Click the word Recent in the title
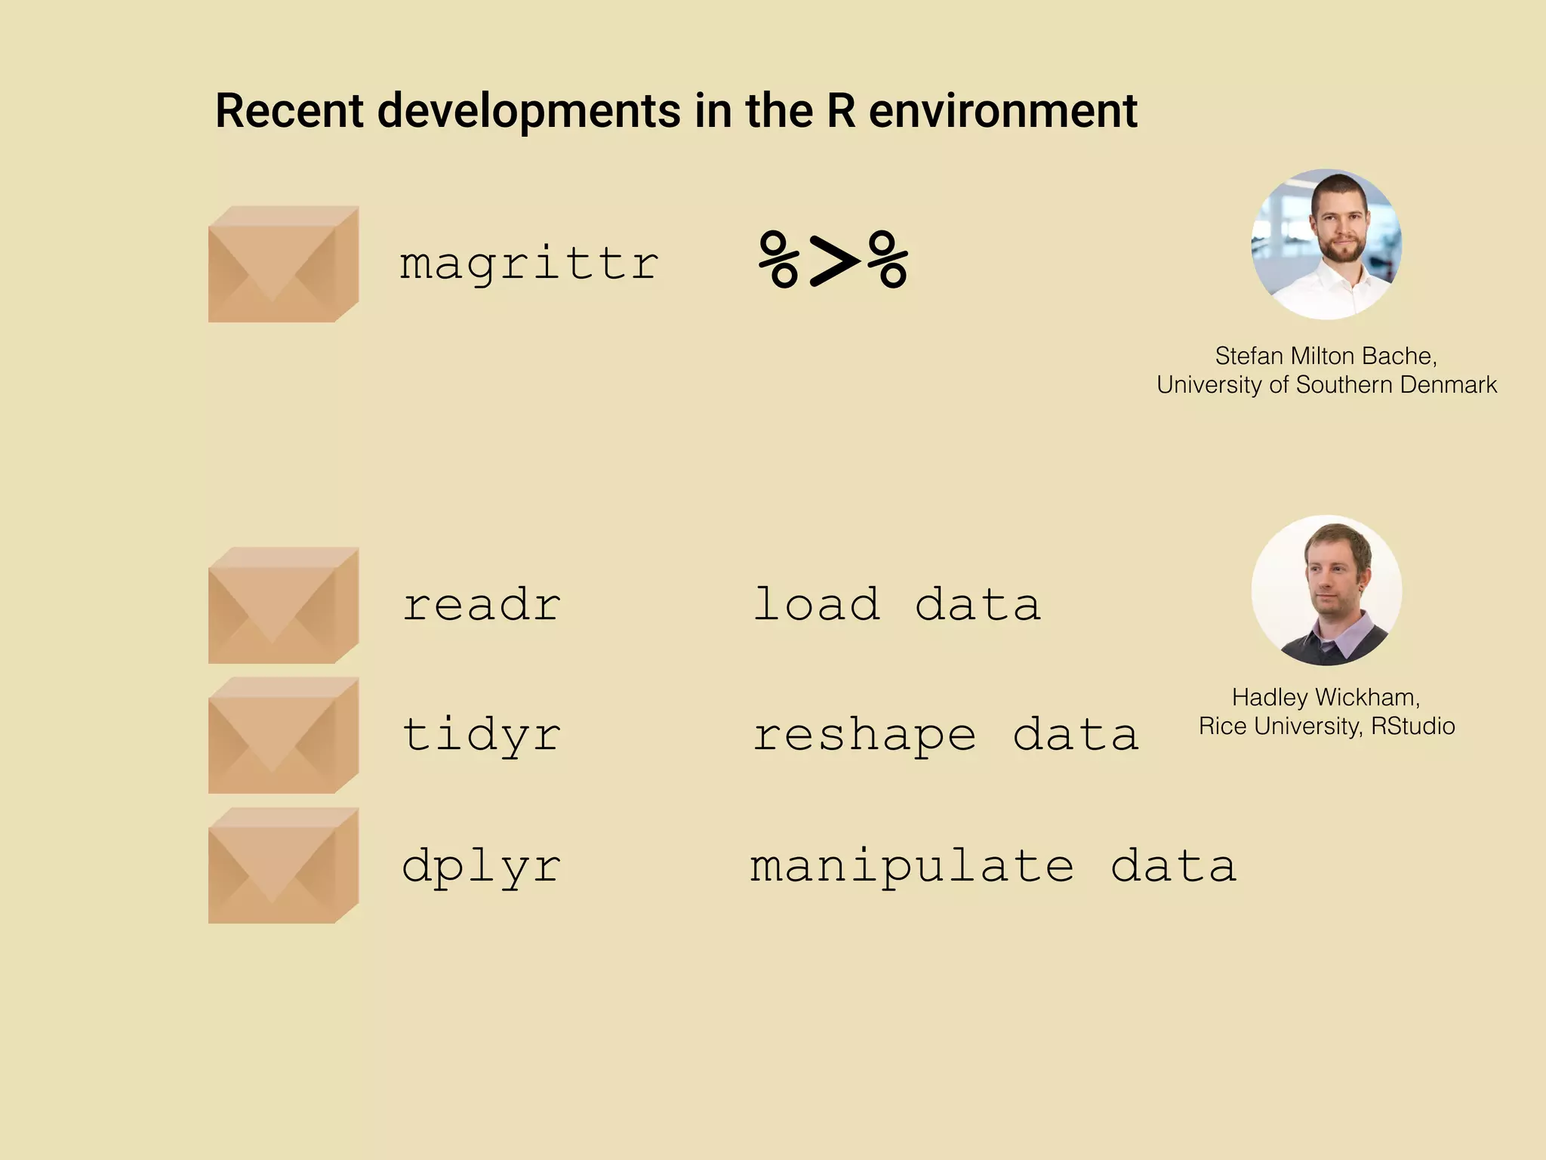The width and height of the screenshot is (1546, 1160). point(289,111)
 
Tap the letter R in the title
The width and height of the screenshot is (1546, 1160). point(841,111)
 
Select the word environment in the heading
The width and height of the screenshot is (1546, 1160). point(1003,111)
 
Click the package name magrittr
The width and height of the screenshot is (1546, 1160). point(529,264)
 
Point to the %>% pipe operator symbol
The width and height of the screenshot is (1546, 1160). point(833,261)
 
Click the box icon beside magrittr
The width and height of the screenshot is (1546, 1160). point(283,264)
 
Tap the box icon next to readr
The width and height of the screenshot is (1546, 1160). point(283,606)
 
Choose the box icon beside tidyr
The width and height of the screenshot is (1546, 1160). point(283,736)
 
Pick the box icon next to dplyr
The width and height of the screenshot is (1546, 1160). point(283,865)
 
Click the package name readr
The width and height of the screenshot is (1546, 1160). point(482,605)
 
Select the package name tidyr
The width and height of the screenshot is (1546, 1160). point(482,735)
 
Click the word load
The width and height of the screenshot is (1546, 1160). point(817,604)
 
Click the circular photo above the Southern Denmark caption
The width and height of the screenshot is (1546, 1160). point(1326,244)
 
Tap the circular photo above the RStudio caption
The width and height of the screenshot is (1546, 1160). point(1326,591)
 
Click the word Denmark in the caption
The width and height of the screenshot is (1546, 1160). point(1449,384)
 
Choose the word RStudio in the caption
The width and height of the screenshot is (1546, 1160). point(1412,726)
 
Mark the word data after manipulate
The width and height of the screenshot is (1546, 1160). point(1173,865)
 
